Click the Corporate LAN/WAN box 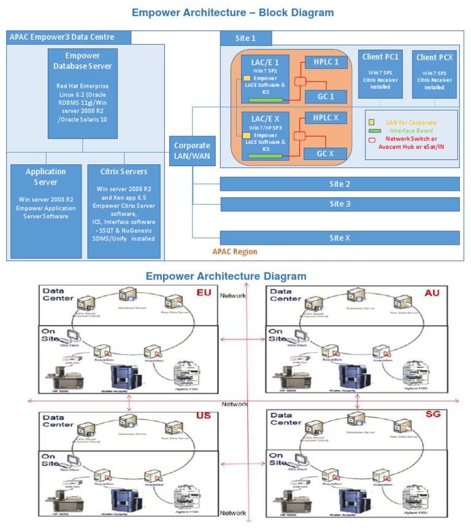[192, 151]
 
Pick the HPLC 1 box [326, 62]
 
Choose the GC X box [326, 153]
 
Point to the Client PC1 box [380, 74]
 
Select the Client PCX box [435, 74]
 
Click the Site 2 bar [340, 184]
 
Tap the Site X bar [340, 238]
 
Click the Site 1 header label [246, 38]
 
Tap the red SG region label [432, 415]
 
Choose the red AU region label [432, 293]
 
